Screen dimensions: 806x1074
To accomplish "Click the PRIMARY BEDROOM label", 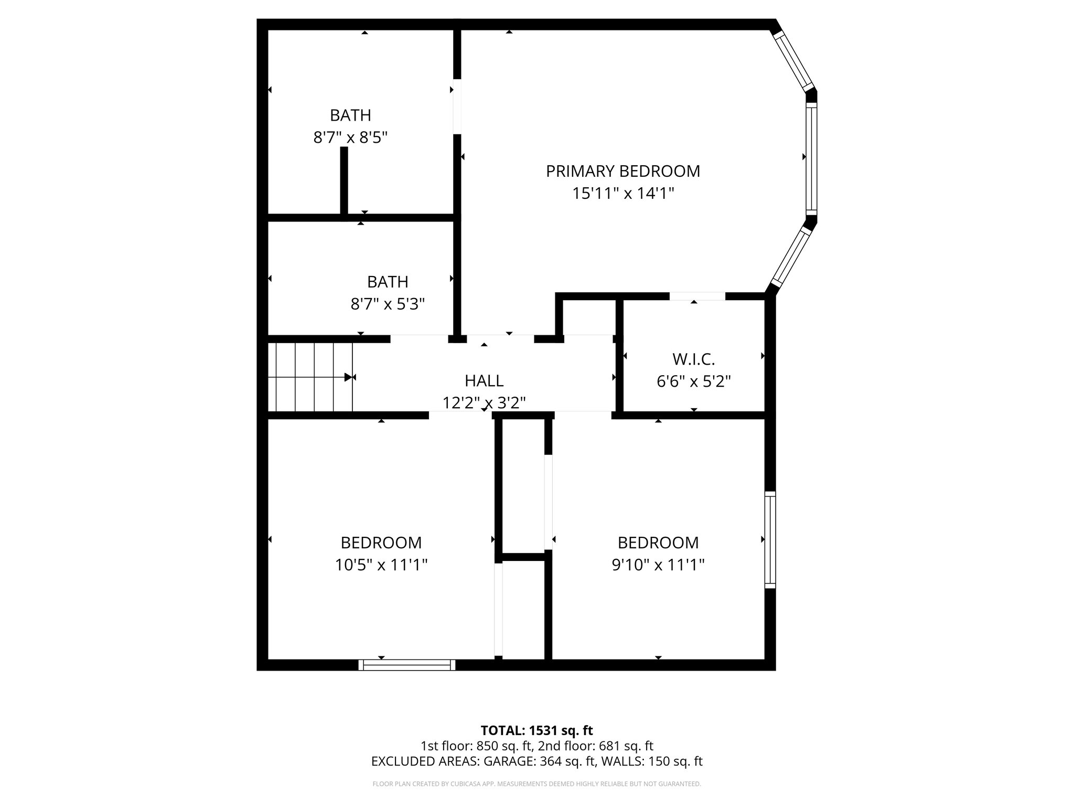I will click(x=622, y=171).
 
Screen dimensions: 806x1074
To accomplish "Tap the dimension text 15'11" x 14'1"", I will click(x=622, y=194).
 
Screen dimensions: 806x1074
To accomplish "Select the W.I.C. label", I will click(x=693, y=359).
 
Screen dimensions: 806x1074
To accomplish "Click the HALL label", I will click(x=484, y=380).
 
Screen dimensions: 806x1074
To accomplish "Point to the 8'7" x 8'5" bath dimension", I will click(x=350, y=137).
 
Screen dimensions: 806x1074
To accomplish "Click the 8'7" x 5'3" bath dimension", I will click(x=388, y=304).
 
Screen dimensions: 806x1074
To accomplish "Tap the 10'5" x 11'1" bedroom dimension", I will click(x=381, y=565).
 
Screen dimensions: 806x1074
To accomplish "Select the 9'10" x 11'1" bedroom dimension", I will click(x=658, y=565).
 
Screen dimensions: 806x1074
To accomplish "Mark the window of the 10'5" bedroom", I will click(x=407, y=665).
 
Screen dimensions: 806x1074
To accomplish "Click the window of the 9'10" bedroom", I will click(x=769, y=539).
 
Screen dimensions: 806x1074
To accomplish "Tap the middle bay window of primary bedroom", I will click(x=811, y=158).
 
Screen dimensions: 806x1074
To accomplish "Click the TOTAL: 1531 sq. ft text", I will click(x=536, y=730).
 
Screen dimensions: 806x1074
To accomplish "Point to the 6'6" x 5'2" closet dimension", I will click(x=693, y=381).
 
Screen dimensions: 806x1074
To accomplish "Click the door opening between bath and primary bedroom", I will click(x=457, y=107).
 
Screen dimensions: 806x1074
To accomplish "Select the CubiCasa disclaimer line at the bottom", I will click(x=536, y=784).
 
